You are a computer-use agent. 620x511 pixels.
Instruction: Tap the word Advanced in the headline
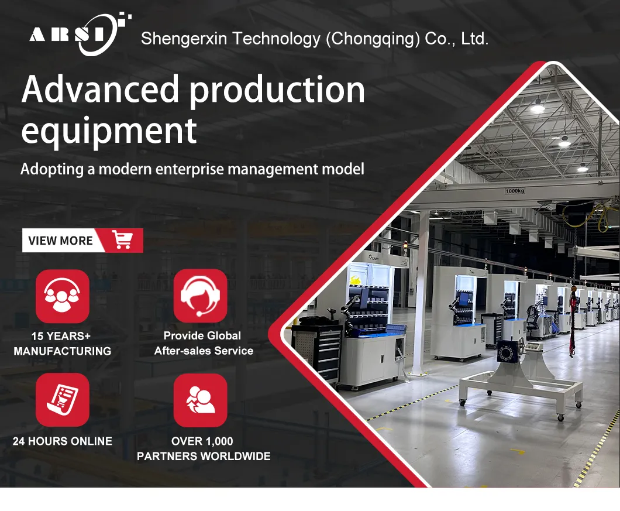100,90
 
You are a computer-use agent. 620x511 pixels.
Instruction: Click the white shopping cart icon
123,240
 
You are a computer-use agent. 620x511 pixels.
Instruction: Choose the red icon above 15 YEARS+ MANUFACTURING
63,296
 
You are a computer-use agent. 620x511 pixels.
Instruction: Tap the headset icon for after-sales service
201,296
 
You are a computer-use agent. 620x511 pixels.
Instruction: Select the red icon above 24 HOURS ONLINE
63,400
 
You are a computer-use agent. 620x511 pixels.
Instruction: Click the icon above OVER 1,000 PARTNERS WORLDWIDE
201,400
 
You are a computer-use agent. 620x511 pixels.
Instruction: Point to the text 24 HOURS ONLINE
63,441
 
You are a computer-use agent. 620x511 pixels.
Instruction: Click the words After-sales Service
204,351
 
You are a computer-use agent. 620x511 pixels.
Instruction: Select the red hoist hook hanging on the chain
575,293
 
